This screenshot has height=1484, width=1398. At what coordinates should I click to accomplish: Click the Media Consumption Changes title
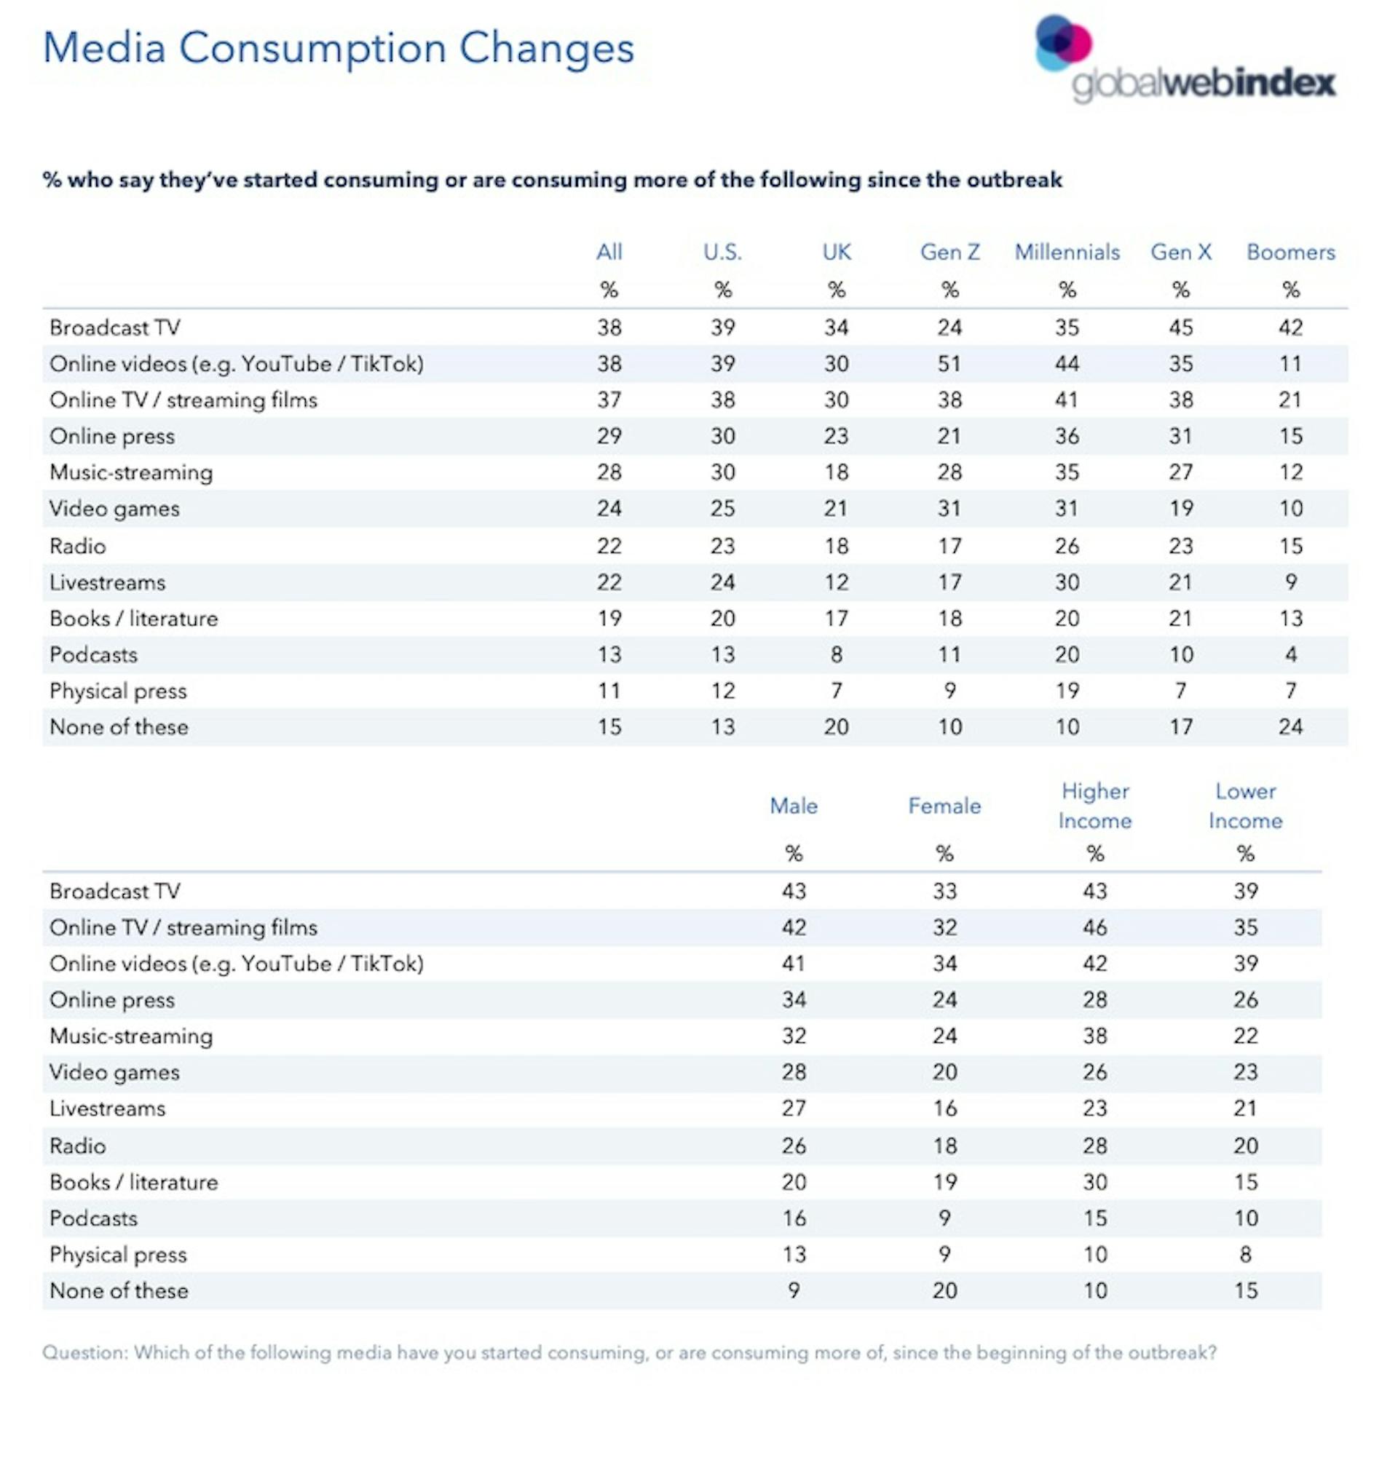pos(339,49)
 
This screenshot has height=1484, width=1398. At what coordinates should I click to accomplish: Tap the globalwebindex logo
pos(1185,60)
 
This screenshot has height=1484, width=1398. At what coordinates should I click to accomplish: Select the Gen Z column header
pos(950,253)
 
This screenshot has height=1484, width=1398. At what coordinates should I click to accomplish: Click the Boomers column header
pos(1290,253)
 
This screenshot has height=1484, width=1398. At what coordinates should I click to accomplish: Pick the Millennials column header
pos(1067,253)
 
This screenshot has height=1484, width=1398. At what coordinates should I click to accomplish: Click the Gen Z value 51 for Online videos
pos(949,363)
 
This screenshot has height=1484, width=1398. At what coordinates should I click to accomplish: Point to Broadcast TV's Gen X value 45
pos(1181,327)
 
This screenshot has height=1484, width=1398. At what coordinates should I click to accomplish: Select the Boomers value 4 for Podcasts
pos(1290,654)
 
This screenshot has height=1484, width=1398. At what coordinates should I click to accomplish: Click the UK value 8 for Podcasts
pos(837,654)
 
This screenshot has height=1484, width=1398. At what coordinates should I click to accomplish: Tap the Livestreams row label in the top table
pos(108,582)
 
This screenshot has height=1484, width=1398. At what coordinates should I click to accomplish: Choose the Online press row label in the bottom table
pos(112,1000)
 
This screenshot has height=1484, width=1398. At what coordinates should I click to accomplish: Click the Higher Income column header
pos(1095,806)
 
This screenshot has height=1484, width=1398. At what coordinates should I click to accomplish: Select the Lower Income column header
pos(1245,806)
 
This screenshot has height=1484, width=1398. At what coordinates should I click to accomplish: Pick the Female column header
pos(944,806)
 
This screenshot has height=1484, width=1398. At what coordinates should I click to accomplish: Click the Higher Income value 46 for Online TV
pos(1095,927)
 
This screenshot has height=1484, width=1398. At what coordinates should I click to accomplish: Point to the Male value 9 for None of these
pos(794,1290)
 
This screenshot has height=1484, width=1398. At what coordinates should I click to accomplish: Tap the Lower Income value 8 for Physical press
pos(1245,1254)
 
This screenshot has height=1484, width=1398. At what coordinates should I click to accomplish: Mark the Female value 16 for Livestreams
pos(944,1108)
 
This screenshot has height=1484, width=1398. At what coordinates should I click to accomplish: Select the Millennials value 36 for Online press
pos(1067,436)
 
